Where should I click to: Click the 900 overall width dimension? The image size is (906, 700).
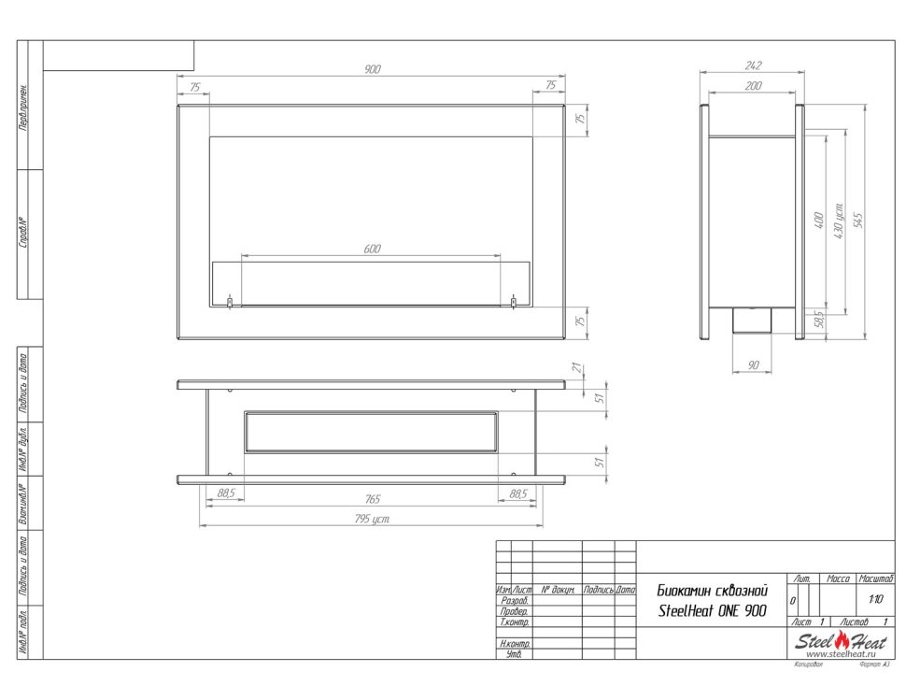(373, 70)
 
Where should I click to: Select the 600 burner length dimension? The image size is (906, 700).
(372, 249)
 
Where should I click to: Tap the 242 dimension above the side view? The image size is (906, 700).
(754, 65)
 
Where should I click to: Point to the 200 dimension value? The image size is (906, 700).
(754, 86)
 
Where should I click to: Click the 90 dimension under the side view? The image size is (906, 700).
(754, 365)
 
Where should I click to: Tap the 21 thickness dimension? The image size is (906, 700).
(579, 368)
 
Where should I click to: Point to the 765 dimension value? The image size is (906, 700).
(372, 500)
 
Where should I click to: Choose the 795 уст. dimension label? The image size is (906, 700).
(372, 520)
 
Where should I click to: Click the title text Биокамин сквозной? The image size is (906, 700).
(713, 591)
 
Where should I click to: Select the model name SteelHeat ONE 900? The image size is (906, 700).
(713, 611)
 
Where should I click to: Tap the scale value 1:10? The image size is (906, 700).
(875, 600)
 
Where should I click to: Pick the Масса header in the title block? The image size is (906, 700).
(838, 580)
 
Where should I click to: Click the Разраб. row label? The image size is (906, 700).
(515, 601)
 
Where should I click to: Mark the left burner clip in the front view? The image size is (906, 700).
(231, 302)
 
